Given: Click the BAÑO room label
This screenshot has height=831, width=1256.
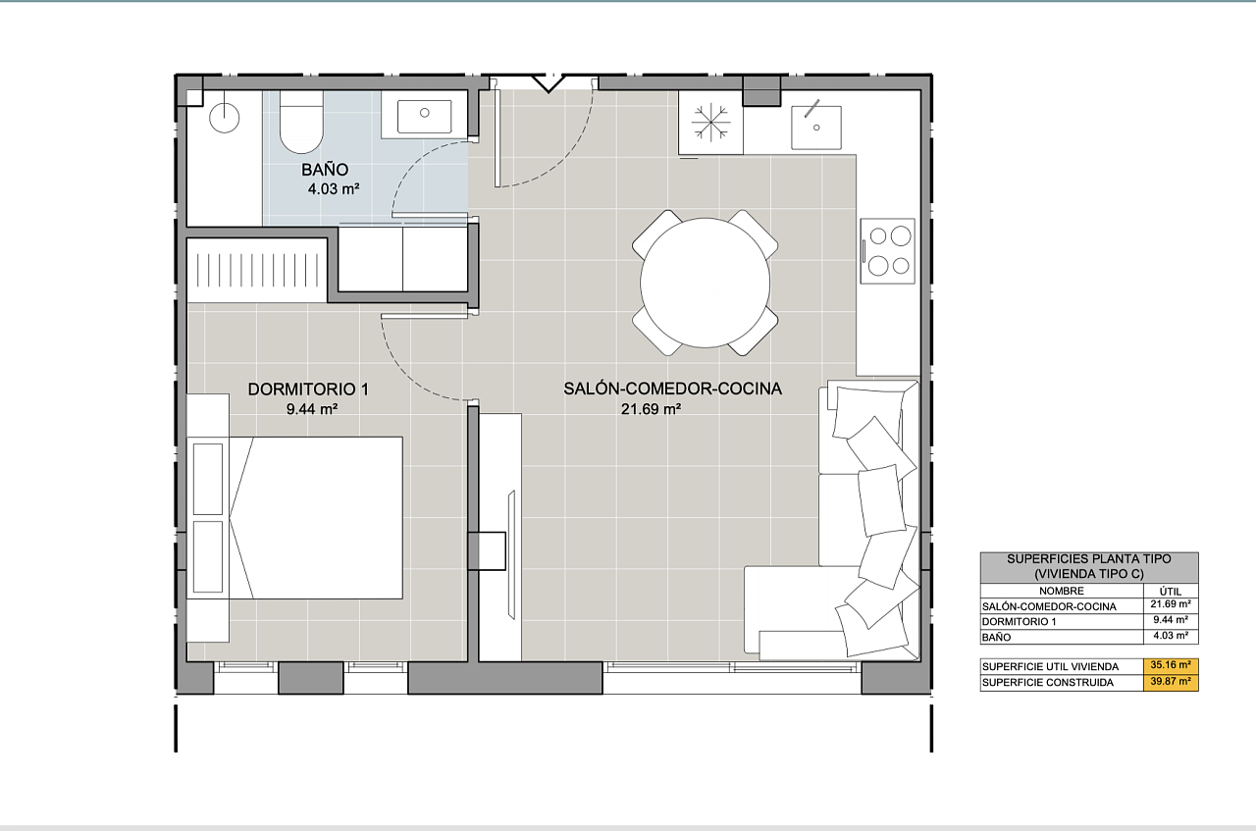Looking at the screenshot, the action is (x=325, y=170).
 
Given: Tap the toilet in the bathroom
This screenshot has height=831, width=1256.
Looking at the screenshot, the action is (x=301, y=122).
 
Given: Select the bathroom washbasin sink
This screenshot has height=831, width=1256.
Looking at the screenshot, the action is (x=425, y=116).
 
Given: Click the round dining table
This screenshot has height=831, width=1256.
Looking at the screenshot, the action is (x=705, y=283).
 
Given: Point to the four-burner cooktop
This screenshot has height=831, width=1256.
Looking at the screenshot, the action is (x=888, y=250).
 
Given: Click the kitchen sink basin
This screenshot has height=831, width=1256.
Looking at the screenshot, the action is (x=816, y=128).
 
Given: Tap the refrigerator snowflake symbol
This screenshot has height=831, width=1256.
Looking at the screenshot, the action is (x=711, y=122).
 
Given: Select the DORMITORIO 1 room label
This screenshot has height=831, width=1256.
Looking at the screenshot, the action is (x=308, y=390).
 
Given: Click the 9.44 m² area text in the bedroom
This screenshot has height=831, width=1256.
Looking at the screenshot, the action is (x=312, y=409).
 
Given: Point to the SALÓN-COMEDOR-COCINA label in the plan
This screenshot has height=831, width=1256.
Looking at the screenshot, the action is (x=672, y=389).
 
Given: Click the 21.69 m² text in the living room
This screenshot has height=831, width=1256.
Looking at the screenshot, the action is (x=651, y=409).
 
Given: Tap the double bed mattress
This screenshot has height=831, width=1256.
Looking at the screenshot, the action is (x=317, y=518).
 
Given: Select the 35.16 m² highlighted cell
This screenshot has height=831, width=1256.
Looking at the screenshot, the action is (x=1171, y=665).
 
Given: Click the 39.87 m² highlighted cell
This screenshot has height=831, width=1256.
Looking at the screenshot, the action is (x=1171, y=682).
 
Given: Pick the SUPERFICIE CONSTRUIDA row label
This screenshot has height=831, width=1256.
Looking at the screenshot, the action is (x=1047, y=683).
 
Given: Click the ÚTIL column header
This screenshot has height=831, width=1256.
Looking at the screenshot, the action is (x=1171, y=591).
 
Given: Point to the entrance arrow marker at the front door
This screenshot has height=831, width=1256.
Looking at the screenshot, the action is (x=548, y=83).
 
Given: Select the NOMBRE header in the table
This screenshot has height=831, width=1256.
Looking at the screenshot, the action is (x=1062, y=591).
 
